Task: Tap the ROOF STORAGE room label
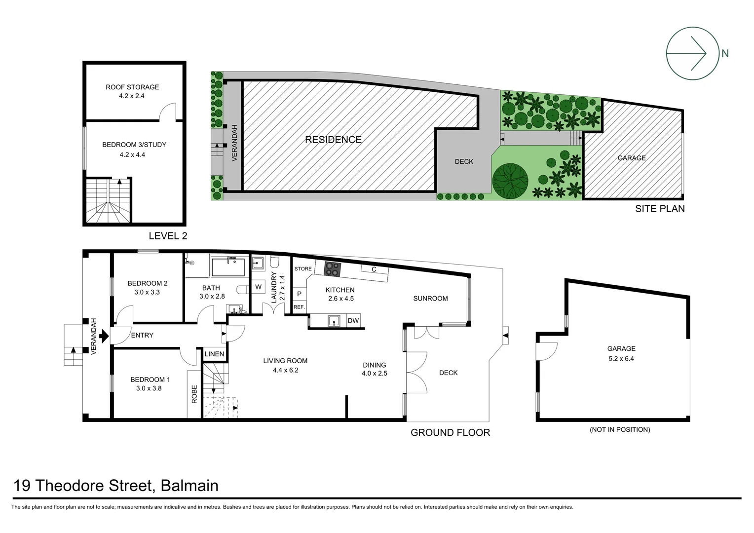[132, 87]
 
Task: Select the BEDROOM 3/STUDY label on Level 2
[134, 145]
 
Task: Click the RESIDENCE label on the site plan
[333, 140]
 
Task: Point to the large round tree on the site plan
[510, 181]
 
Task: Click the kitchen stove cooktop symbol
[332, 269]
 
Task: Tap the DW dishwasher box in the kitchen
[353, 321]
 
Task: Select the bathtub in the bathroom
[228, 267]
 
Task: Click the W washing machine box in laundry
[258, 287]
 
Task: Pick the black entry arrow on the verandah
[104, 336]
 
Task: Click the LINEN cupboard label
[214, 354]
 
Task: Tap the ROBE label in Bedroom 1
[194, 394]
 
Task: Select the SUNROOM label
[430, 299]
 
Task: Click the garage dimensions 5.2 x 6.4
[621, 359]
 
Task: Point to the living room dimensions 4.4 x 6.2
[285, 370]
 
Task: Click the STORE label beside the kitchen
[303, 269]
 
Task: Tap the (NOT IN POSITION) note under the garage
[620, 430]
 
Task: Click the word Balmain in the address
[189, 486]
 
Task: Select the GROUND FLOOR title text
[450, 433]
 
